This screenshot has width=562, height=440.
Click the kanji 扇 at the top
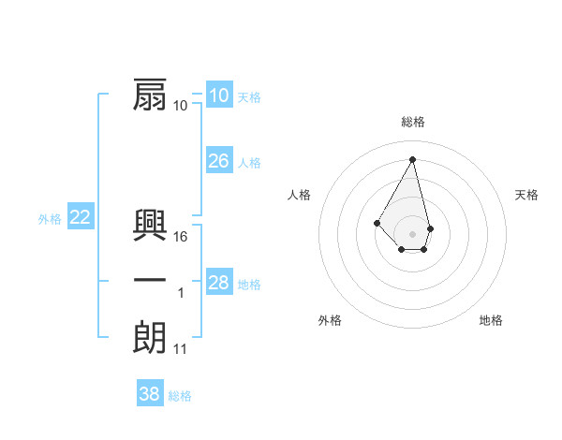[x=150, y=95]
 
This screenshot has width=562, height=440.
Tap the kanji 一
[x=150, y=282]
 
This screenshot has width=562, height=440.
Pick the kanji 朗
[x=150, y=338]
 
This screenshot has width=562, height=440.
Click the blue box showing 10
[x=218, y=95]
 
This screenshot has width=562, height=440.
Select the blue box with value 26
[x=218, y=161]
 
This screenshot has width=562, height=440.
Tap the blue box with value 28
[x=218, y=283]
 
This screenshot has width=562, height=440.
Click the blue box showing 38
[x=149, y=394]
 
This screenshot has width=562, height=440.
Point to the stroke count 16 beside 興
[x=181, y=237]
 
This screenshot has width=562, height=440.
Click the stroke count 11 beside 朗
[x=181, y=349]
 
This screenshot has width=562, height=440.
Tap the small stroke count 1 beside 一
[x=181, y=293]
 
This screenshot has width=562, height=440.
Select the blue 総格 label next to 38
[x=180, y=396]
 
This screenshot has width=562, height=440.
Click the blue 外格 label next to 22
[x=50, y=219]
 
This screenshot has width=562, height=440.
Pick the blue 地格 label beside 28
[x=249, y=285]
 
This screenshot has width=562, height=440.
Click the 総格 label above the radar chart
[x=413, y=122]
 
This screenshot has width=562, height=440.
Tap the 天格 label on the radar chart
[x=526, y=195]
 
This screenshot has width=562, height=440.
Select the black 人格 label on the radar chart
[x=299, y=195]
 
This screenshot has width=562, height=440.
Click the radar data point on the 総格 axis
[x=412, y=158]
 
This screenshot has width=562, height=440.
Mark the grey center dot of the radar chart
[x=412, y=233]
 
